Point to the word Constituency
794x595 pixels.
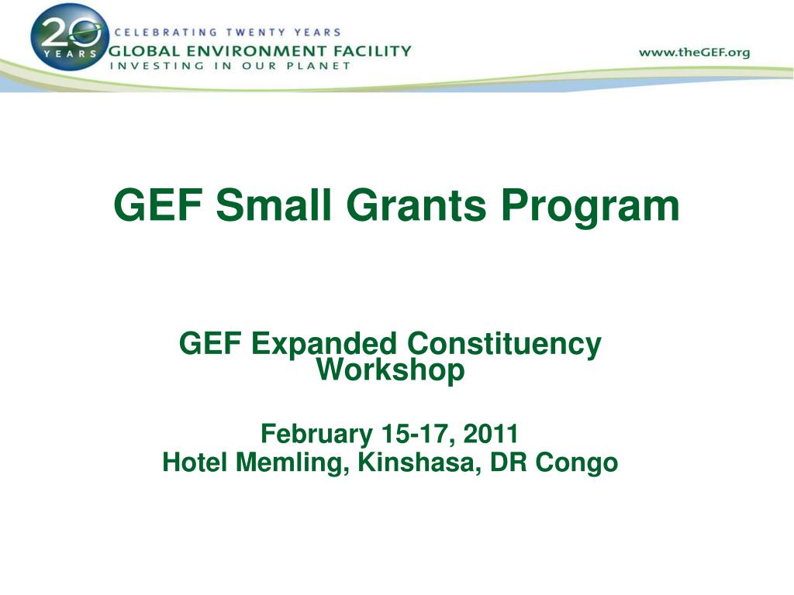pos(505,343)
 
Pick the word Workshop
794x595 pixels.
pos(391,370)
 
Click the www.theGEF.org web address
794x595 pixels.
pos(695,53)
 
